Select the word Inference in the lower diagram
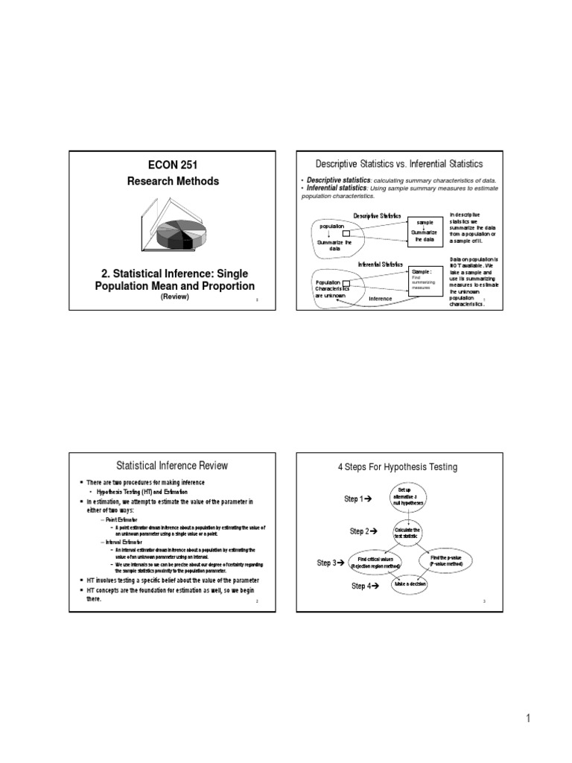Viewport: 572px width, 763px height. point(381,299)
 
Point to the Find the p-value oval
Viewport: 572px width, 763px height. point(446,561)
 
